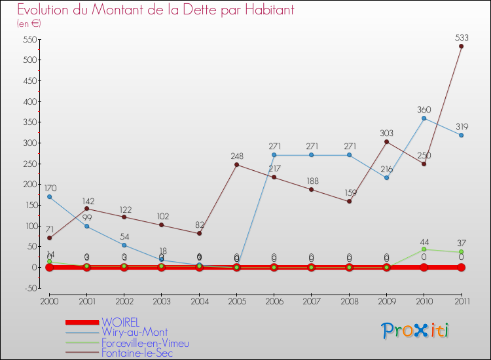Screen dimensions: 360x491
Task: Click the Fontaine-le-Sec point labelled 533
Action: point(462,46)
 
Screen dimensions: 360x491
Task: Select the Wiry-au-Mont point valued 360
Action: point(424,118)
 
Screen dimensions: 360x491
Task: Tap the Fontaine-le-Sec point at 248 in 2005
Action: point(236,164)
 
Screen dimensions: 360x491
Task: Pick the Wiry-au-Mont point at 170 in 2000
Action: point(49,196)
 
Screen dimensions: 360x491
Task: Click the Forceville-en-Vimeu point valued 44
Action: point(424,249)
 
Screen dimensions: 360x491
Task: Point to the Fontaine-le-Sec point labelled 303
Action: point(386,141)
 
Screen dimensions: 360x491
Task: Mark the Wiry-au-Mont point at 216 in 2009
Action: point(386,177)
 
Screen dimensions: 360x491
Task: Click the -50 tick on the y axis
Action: point(29,288)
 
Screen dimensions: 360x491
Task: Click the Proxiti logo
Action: point(415,331)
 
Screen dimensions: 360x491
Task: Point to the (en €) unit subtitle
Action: point(29,24)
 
